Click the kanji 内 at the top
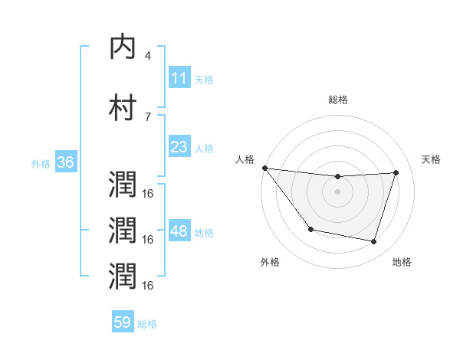123,47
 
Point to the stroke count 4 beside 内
147,55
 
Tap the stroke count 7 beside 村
147,116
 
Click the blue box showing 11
179,78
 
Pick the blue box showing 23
179,147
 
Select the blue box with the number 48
179,231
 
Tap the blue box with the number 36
65,162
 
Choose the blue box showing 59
123,322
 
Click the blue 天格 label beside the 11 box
204,80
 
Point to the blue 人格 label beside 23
204,149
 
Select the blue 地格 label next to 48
204,233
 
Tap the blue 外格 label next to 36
41,164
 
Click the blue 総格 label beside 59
147,324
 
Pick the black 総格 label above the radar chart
338,100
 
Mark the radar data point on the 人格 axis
264,168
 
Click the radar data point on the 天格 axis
396,172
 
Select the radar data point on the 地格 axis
374,242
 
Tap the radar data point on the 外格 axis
310,229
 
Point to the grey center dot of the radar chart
338,191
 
